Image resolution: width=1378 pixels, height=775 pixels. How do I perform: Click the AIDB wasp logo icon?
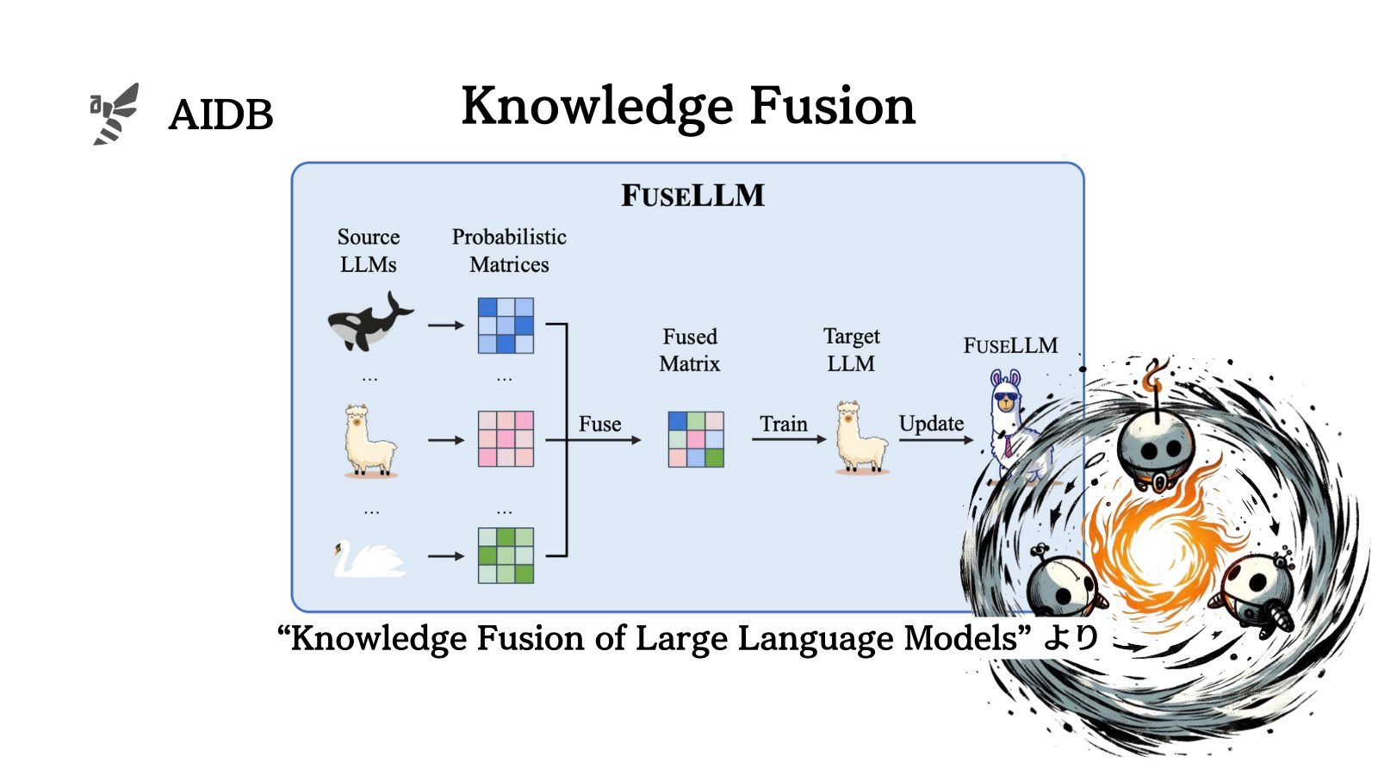coord(115,114)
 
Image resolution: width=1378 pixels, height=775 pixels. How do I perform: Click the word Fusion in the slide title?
coord(832,106)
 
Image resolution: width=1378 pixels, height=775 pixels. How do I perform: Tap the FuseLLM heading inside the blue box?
coord(692,195)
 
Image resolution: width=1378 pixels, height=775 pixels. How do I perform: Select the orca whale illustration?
coord(370,323)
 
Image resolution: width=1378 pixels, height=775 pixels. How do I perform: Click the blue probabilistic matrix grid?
coord(506,325)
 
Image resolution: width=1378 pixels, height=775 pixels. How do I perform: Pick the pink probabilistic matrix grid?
coord(506,439)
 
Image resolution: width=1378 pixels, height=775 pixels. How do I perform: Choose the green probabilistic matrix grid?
coord(506,555)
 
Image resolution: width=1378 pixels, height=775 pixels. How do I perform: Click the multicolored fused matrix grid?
coord(696,439)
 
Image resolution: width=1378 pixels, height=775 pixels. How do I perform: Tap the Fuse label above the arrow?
coord(599,424)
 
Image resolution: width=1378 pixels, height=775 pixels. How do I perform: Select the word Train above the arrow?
coord(784,424)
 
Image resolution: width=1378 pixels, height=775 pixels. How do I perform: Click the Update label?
coord(931,424)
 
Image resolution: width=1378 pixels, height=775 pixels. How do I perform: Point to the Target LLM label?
coord(851,350)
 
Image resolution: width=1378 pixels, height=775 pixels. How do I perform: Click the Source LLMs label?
coord(369,250)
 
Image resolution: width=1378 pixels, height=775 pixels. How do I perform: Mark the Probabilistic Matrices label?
coord(509,250)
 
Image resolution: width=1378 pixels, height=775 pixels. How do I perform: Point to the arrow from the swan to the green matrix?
coord(445,556)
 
